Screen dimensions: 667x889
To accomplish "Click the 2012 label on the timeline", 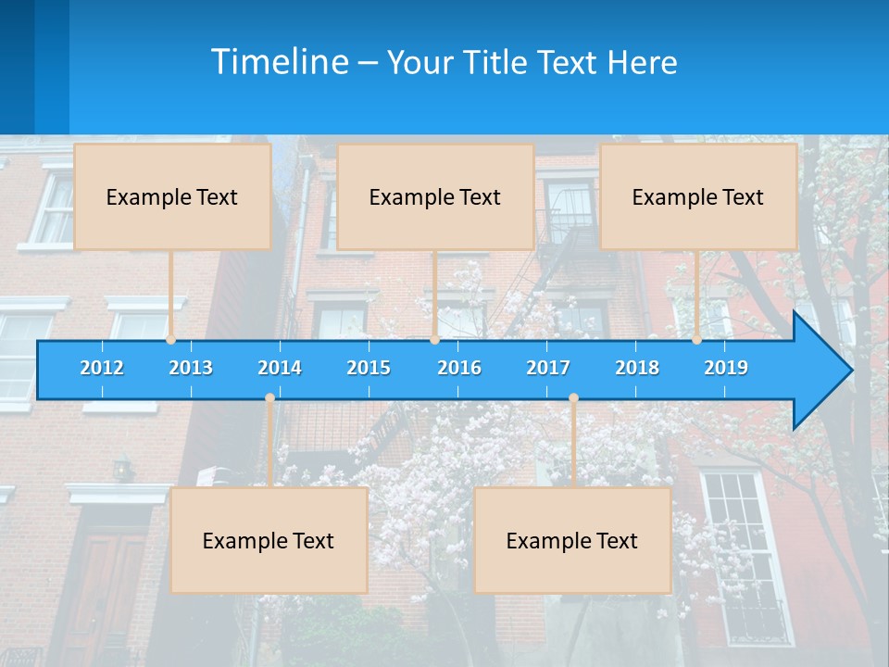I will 102,368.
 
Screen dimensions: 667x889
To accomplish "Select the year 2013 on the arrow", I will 191,368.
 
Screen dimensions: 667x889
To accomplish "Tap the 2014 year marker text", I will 280,368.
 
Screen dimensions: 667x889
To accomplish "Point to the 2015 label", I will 369,368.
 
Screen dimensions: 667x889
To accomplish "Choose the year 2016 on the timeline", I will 459,368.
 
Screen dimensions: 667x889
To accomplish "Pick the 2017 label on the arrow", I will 548,368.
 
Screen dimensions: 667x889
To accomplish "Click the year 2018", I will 637,368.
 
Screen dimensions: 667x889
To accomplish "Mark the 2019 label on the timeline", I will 726,368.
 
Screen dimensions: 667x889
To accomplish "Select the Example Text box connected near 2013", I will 172,196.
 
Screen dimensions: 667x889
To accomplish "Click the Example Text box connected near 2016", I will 435,196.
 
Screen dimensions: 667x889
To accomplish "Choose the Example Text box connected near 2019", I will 698,196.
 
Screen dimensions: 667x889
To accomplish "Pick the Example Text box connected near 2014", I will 269,540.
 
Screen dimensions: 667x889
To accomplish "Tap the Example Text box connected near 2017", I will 572,540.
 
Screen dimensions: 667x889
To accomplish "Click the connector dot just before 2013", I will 171,340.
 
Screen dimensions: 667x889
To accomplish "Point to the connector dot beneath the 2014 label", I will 269,398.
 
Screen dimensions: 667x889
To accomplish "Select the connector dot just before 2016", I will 434,340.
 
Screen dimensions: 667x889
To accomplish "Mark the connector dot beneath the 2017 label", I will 573,398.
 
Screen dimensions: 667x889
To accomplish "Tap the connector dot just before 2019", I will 696,340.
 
